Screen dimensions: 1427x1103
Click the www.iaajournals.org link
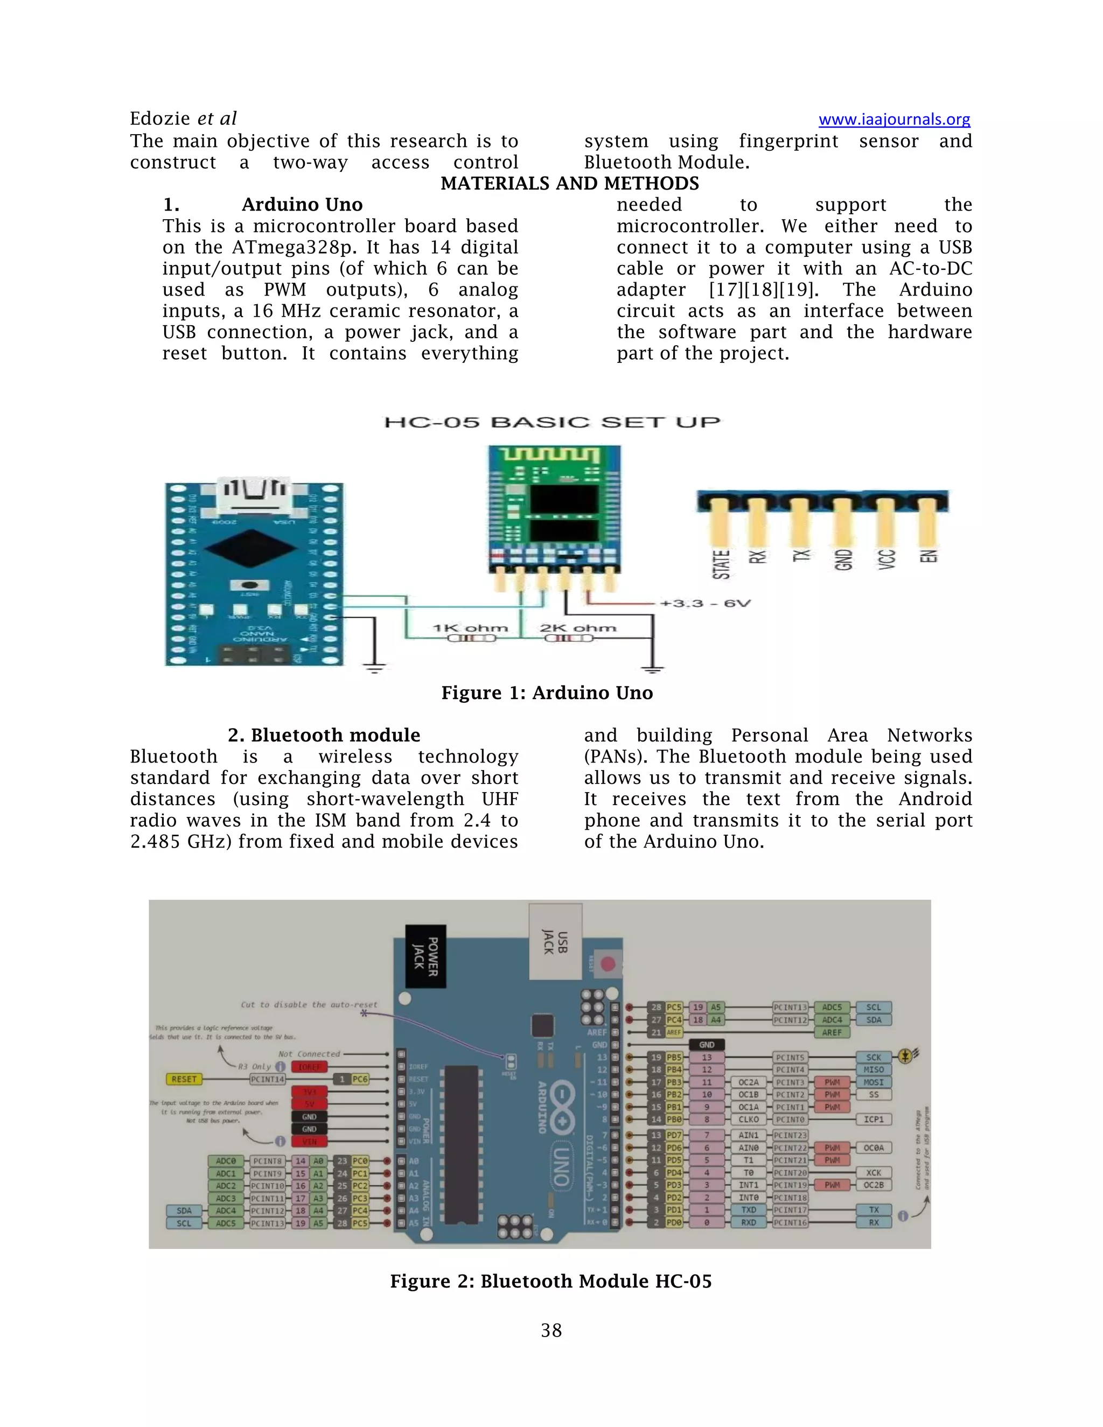coord(894,120)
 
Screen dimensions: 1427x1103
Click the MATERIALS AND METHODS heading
coord(569,184)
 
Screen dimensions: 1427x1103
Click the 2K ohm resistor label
coord(578,628)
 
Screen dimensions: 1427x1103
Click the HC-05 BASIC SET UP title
coord(552,422)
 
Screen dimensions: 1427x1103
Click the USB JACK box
coord(555,941)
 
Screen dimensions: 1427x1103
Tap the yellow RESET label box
coord(184,1079)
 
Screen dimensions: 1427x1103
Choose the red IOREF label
coord(309,1067)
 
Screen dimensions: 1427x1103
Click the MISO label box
coord(873,1069)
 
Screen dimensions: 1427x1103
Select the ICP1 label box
coord(873,1120)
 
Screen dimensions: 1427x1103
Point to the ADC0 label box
coord(226,1160)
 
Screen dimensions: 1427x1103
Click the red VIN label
coord(309,1142)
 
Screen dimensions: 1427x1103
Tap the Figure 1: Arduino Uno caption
coord(547,692)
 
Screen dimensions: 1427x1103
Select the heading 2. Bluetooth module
coord(324,735)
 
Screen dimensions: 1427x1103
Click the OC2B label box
coord(873,1185)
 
